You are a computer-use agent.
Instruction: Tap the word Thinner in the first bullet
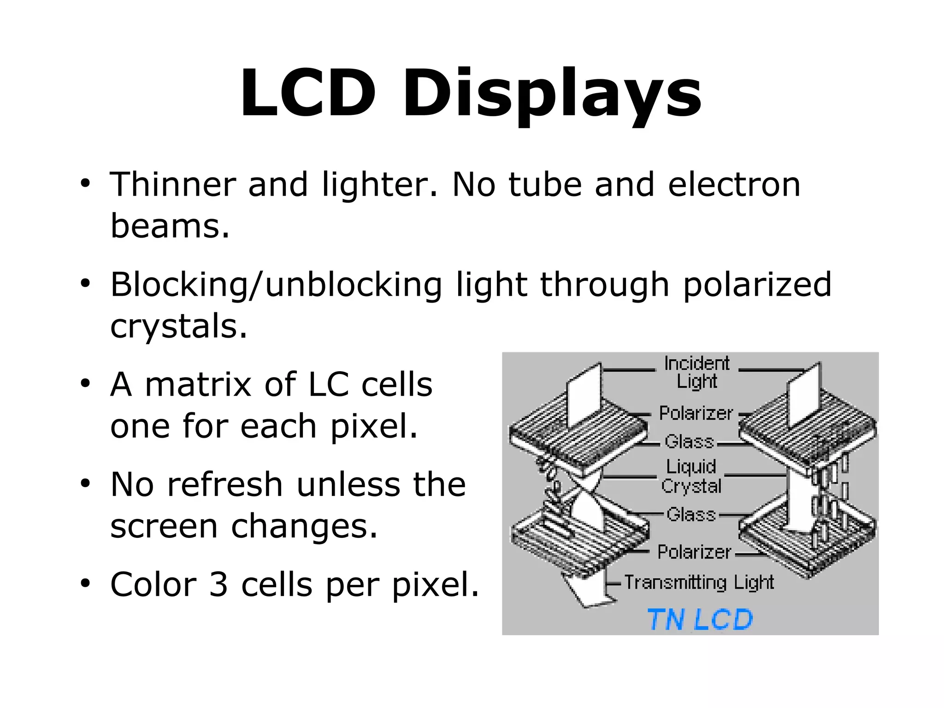coord(172,184)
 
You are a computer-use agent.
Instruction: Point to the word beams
coord(169,226)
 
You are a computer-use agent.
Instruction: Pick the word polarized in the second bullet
coord(757,285)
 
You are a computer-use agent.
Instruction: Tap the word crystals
coord(178,326)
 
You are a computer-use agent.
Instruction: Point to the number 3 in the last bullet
coord(218,584)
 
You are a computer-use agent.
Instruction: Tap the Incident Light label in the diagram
coord(696,372)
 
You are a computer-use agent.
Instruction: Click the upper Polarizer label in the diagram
coord(695,413)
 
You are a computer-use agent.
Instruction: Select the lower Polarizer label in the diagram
coord(694,552)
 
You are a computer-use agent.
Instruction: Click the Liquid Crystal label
coord(691,476)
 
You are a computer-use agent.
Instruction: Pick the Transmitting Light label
coord(699,583)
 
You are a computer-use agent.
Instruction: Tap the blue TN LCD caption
coord(700,619)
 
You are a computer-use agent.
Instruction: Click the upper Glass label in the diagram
coord(689,441)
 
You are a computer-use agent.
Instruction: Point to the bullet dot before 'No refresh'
coord(85,483)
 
